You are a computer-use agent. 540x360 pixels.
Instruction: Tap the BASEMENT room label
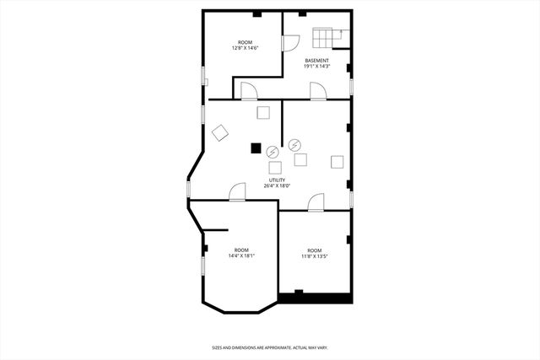[x=317, y=61]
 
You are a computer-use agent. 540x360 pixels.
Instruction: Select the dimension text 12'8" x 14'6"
[x=245, y=48]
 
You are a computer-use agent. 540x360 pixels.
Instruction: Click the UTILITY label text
[x=277, y=180]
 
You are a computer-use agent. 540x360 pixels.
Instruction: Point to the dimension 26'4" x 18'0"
[x=277, y=186]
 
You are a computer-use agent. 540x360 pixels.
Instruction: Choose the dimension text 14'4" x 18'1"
[x=242, y=256]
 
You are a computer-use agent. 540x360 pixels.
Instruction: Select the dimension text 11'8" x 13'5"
[x=315, y=256]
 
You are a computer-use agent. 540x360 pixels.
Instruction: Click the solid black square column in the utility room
[x=256, y=148]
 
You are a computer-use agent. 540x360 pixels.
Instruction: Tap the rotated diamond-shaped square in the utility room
[x=220, y=133]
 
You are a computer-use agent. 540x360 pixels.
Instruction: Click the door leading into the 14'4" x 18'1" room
[x=237, y=192]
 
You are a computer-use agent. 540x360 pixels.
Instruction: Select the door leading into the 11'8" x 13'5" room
[x=316, y=201]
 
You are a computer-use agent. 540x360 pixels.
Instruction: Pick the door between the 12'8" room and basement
[x=289, y=42]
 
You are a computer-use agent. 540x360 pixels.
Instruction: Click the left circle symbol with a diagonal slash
[x=273, y=153]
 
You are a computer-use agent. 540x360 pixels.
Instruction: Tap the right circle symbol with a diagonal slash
[x=294, y=144]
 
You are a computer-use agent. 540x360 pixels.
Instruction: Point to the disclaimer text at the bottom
[x=269, y=347]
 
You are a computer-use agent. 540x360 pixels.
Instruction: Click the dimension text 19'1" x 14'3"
[x=317, y=67]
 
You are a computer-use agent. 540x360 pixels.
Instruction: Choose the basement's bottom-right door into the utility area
[x=318, y=91]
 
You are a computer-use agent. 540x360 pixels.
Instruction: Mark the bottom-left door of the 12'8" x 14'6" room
[x=248, y=91]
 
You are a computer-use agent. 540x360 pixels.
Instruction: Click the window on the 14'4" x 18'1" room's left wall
[x=202, y=265]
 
